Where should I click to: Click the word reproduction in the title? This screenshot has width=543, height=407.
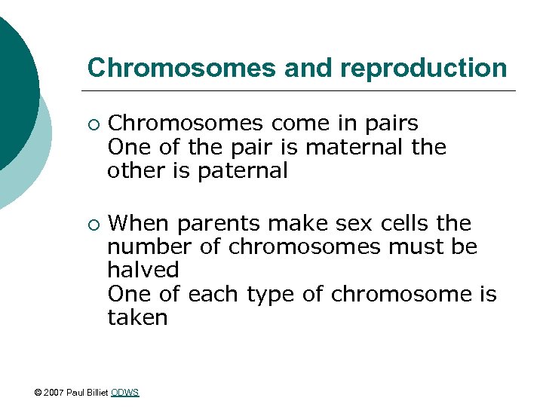coord(424,68)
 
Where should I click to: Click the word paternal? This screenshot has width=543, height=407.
coord(242,171)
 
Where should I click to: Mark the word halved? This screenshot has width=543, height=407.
coord(143,270)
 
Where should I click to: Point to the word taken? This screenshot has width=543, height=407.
coord(137,317)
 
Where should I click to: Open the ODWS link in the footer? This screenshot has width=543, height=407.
coord(124,393)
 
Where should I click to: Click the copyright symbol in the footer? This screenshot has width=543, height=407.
coord(38,393)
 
